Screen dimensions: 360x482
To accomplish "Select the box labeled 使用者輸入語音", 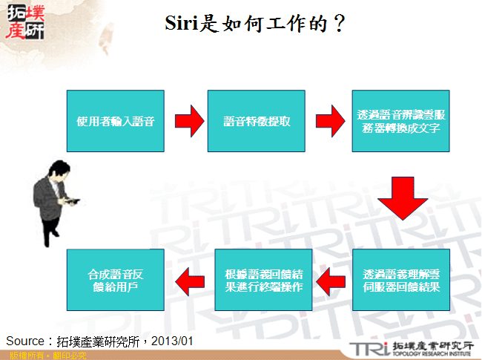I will pos(115,121).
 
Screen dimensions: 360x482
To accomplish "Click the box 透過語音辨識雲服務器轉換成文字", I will pos(401,121).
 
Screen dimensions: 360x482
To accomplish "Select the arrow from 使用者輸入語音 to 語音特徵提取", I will pos(188,121).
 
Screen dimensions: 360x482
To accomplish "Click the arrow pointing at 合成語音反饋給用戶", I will pos(189,279).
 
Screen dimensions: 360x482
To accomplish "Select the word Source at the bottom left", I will pos(25,341).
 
